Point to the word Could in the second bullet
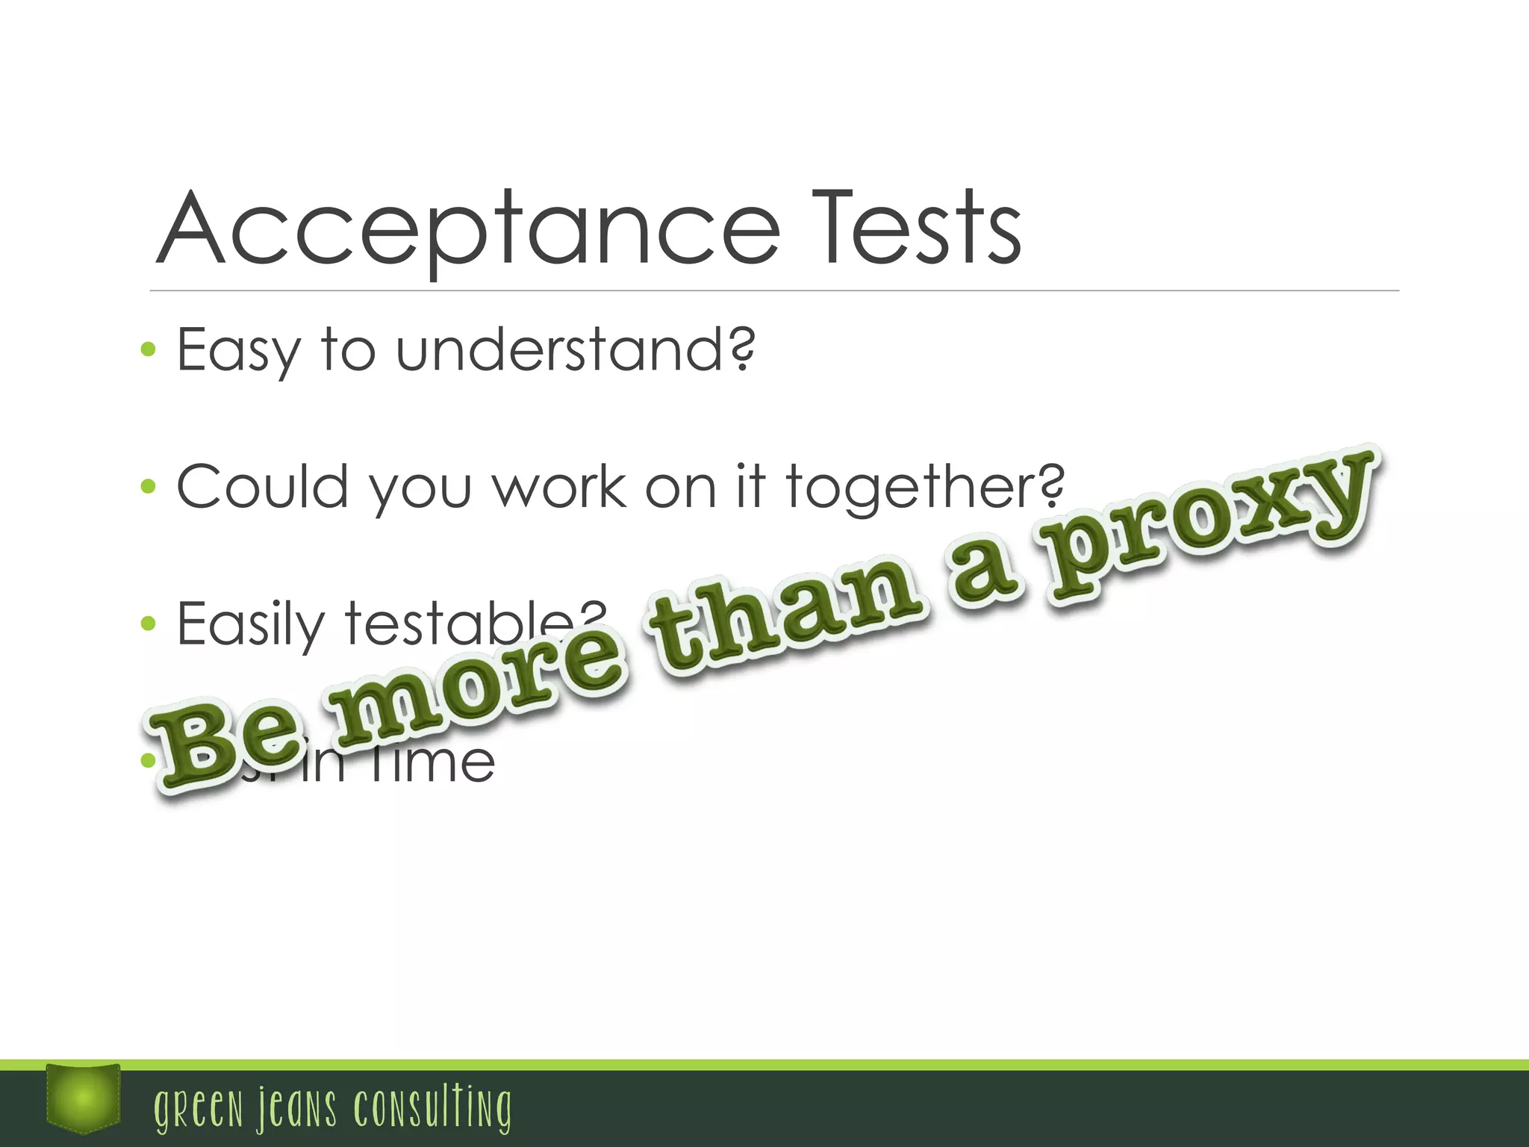263,487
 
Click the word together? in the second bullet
925,487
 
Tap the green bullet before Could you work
148,486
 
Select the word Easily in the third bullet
251,624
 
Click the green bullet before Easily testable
148,624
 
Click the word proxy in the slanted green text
1209,523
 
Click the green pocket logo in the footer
83,1097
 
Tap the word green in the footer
199,1108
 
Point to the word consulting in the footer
433,1108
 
